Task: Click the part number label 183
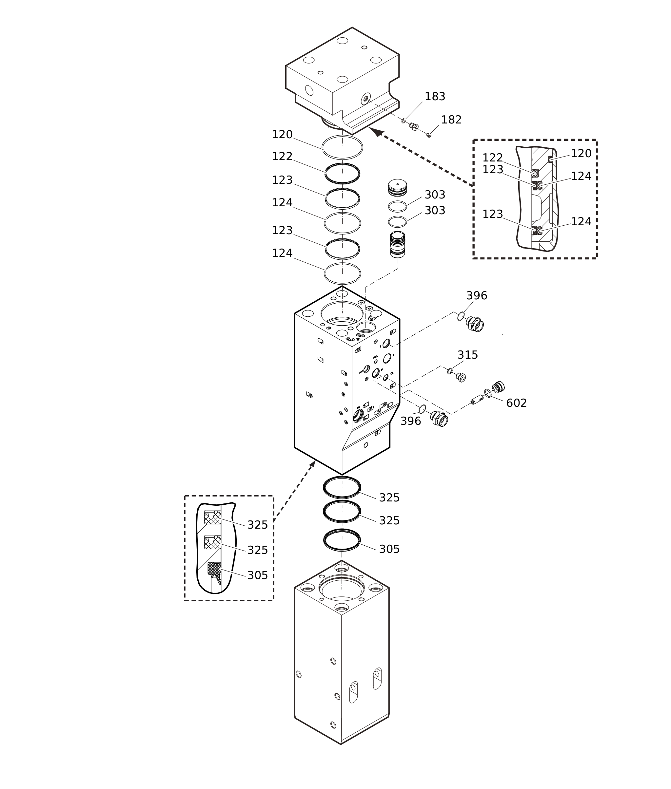435,97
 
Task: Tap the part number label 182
451,120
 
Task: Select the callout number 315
467,355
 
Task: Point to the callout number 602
516,403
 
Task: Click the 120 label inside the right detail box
581,154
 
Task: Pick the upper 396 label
477,296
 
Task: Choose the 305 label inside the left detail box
258,575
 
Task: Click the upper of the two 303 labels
435,195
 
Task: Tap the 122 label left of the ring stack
282,157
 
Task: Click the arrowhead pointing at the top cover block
375,131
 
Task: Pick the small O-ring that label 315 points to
450,371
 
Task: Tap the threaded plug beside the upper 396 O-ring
475,324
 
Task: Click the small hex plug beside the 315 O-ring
461,377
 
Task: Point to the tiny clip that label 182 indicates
429,135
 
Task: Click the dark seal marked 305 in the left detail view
213,569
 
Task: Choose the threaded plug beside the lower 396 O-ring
439,419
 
